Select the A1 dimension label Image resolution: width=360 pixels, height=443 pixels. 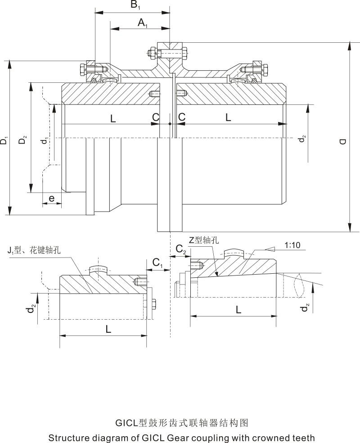tap(143, 23)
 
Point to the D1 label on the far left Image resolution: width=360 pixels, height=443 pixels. tap(4, 140)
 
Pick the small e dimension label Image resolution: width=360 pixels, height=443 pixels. tap(51, 198)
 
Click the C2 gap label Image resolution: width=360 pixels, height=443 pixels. tap(180, 249)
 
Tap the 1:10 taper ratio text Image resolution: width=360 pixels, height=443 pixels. tap(292, 245)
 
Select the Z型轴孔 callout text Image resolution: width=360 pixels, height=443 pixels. tap(203, 240)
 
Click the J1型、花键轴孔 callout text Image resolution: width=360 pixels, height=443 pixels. tap(33, 250)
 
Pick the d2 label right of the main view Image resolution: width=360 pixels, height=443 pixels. tap(303, 140)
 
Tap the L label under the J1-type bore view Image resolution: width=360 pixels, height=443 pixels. tap(108, 329)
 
